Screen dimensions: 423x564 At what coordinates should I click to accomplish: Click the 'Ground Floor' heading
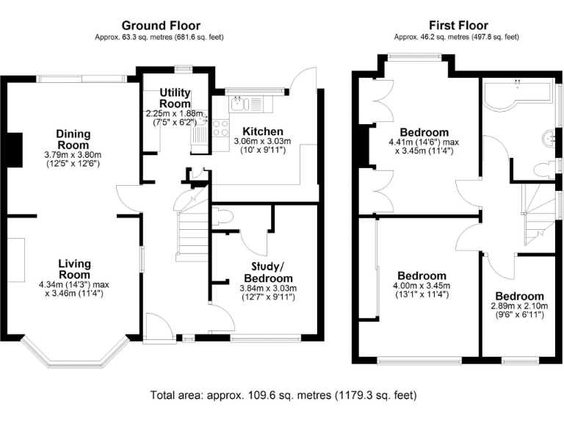click(x=160, y=26)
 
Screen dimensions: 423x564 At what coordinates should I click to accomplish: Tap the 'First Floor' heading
click(x=456, y=26)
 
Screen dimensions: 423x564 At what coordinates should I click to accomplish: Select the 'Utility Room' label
click(x=176, y=98)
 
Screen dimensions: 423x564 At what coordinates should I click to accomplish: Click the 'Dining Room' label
click(x=73, y=140)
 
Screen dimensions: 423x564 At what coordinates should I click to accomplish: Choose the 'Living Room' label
click(x=74, y=269)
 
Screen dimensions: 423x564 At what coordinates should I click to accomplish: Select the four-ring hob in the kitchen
click(x=220, y=128)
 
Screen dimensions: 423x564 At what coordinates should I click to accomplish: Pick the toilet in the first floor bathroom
click(x=544, y=169)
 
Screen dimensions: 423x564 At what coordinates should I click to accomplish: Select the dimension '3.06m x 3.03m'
click(x=263, y=141)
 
